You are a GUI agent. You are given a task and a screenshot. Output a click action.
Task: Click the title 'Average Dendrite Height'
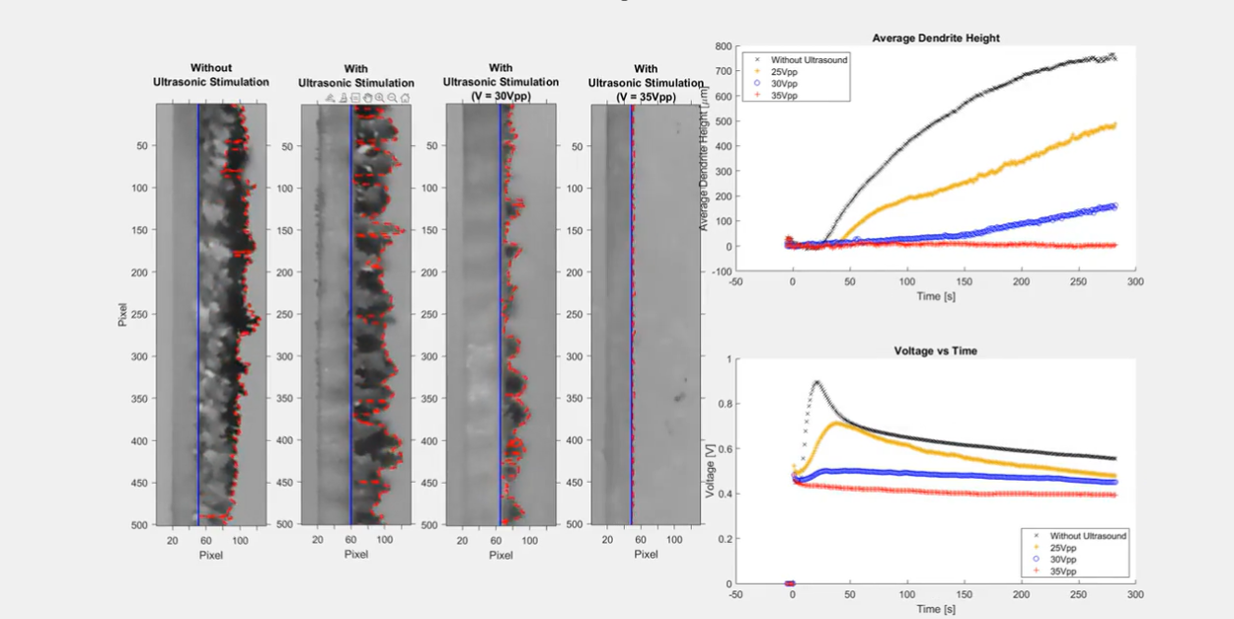(936, 38)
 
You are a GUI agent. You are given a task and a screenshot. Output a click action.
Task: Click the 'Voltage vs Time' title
(936, 350)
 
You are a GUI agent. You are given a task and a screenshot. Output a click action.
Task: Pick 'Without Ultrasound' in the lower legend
(1088, 536)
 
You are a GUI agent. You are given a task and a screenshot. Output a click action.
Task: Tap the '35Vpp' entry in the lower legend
(1063, 572)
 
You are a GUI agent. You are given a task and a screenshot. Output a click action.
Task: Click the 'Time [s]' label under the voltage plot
(936, 609)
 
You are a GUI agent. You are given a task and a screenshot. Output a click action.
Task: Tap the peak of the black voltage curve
(816, 381)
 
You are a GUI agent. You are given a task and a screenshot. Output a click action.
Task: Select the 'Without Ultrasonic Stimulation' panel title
(210, 75)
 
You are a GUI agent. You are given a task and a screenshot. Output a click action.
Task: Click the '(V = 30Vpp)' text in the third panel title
(501, 96)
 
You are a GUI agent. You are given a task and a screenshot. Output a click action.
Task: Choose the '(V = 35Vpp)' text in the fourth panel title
(646, 97)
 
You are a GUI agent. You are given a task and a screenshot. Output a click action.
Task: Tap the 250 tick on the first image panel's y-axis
(139, 314)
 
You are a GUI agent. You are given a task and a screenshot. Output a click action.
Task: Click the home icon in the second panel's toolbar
(405, 98)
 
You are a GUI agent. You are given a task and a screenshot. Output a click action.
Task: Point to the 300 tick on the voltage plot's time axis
(1135, 595)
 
